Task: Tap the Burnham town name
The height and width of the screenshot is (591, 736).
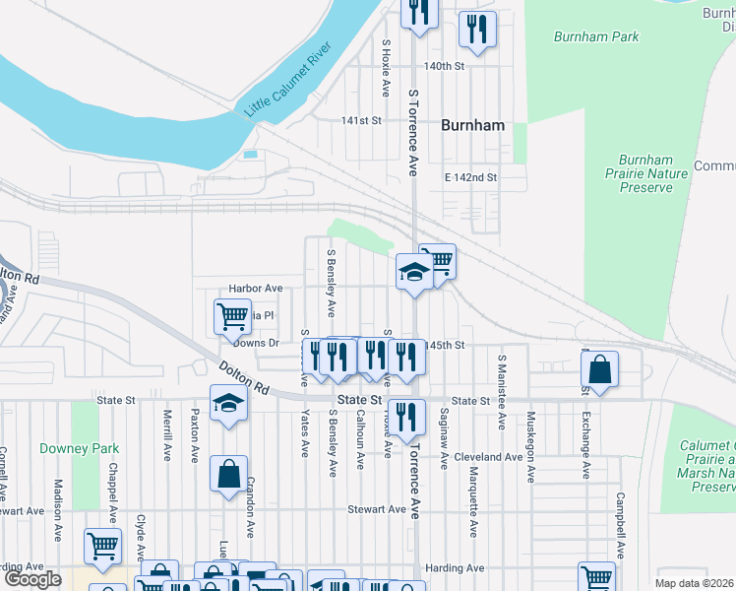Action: pyautogui.click(x=472, y=125)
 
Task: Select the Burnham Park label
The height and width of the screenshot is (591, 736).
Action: pyautogui.click(x=596, y=37)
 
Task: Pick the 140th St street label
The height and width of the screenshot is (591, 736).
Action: pyautogui.click(x=443, y=66)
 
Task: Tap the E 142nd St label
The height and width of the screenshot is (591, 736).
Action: pyautogui.click(x=471, y=177)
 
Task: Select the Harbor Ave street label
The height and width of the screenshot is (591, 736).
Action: pyautogui.click(x=255, y=289)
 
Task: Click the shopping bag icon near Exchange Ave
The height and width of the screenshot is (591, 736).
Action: pyautogui.click(x=599, y=370)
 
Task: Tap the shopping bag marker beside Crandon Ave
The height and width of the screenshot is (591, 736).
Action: pyautogui.click(x=228, y=474)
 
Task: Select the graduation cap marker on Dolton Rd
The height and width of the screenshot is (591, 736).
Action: pyautogui.click(x=228, y=405)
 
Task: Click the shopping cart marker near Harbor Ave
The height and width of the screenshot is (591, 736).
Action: pyautogui.click(x=232, y=317)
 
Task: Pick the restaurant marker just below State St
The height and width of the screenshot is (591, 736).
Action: pyautogui.click(x=404, y=418)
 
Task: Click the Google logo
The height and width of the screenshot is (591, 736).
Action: pyautogui.click(x=32, y=579)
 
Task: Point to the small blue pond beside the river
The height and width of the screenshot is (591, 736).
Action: pyautogui.click(x=250, y=155)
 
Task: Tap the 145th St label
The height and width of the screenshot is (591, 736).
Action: pyautogui.click(x=445, y=346)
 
